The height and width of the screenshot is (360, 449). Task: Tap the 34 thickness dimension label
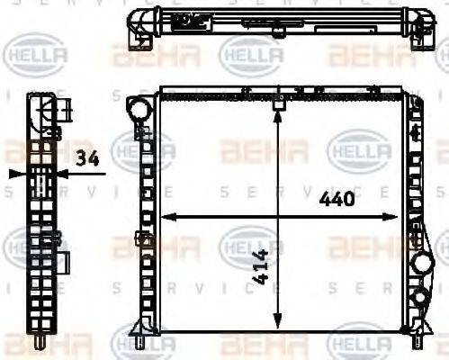click(x=87, y=159)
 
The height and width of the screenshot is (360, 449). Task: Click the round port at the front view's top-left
click(x=138, y=108)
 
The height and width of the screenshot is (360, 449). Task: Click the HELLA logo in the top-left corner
click(x=36, y=56)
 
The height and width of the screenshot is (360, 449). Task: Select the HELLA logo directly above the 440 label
click(x=360, y=148)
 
